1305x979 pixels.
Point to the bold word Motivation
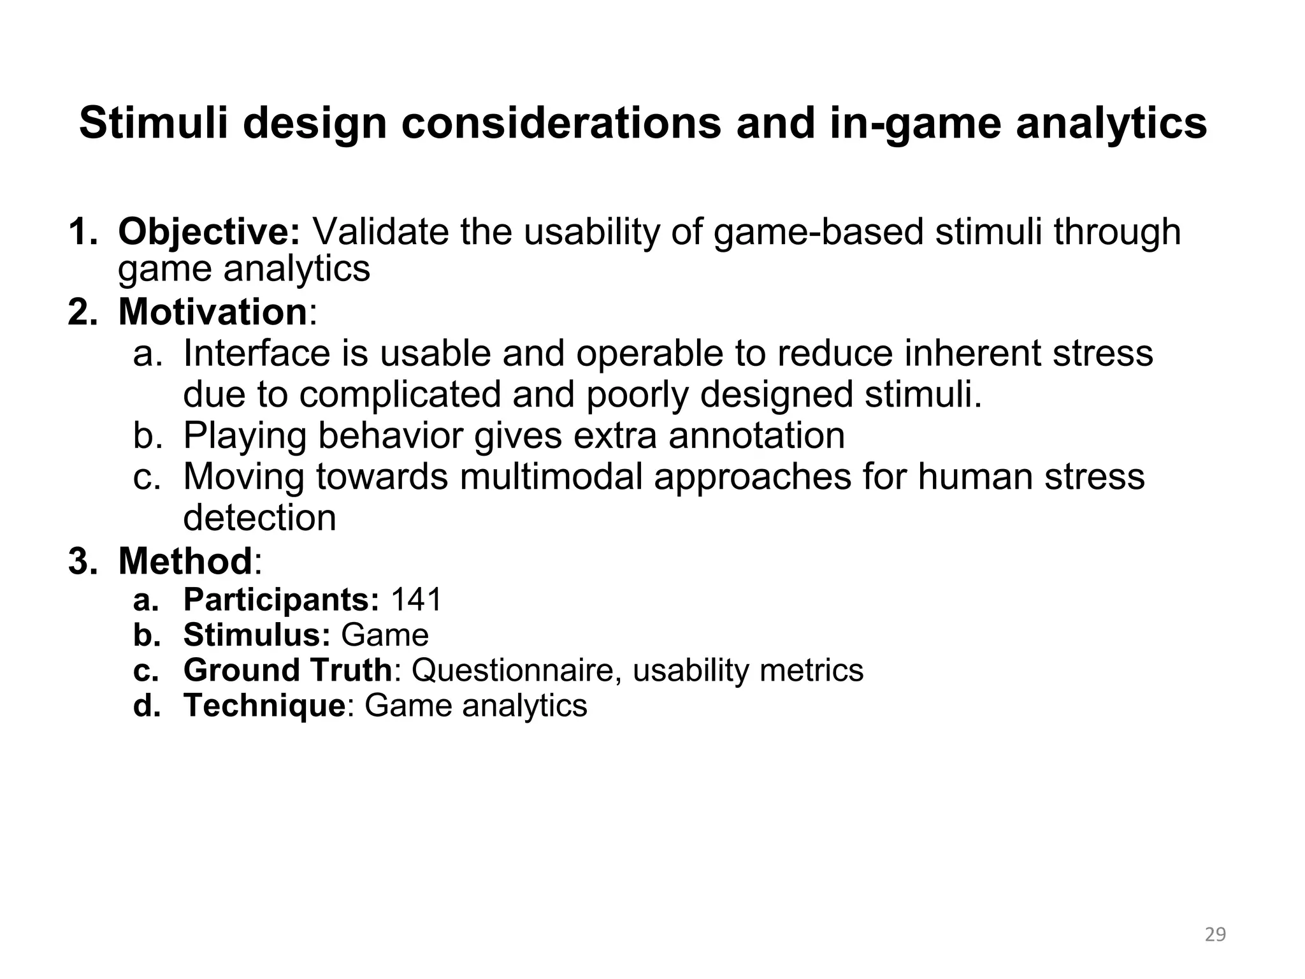point(213,312)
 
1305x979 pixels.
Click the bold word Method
point(185,561)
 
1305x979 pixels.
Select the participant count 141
point(416,600)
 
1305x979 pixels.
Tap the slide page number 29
point(1215,934)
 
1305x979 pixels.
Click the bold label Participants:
point(281,600)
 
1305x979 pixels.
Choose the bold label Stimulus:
point(257,635)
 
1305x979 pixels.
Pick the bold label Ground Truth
point(287,670)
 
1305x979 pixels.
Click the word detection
point(259,518)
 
